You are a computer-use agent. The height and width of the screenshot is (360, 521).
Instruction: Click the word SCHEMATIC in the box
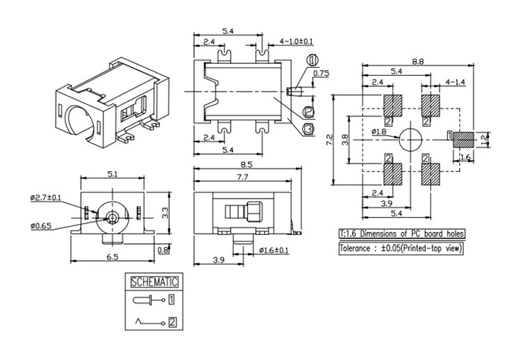(154, 282)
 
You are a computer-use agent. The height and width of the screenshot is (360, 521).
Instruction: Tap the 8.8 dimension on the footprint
(418, 62)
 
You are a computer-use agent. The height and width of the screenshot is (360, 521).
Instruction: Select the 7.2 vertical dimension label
(329, 140)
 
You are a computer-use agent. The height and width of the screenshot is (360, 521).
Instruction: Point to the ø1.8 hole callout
(379, 132)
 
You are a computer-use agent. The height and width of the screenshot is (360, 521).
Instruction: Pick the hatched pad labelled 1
(464, 140)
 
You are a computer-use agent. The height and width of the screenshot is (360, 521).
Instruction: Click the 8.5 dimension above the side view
(246, 164)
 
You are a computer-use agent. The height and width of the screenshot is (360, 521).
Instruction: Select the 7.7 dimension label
(242, 177)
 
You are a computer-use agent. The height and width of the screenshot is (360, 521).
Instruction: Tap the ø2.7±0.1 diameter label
(45, 198)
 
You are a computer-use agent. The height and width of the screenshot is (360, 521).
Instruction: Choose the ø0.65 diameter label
(41, 226)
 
